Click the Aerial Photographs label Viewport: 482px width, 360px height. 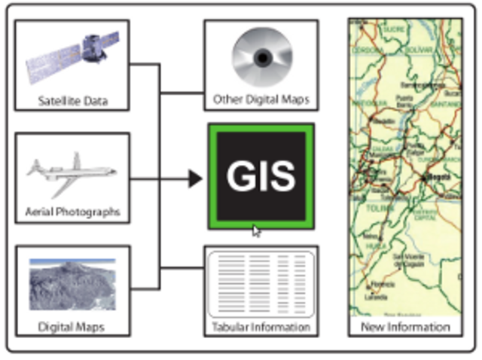point(72,212)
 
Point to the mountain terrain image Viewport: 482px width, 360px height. point(72,285)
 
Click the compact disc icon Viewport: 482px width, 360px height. point(261,58)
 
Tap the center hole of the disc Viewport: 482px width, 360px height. point(261,58)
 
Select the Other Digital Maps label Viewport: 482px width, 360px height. point(261,99)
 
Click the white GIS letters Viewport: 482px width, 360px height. point(261,176)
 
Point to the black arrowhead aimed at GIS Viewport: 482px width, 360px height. point(195,178)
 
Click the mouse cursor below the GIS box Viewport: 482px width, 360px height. point(256,231)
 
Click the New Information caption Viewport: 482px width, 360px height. point(405,327)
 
